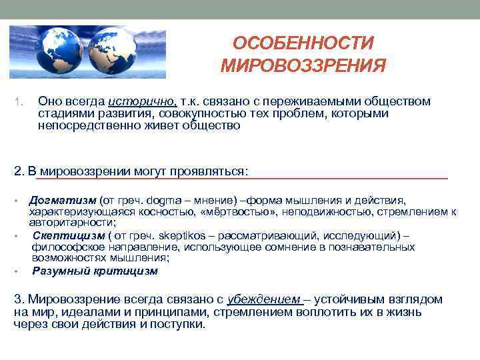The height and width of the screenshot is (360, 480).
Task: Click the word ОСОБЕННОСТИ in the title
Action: point(303,44)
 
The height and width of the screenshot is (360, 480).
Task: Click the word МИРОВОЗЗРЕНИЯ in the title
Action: point(303,66)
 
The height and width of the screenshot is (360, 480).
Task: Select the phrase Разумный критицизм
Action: point(95,271)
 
